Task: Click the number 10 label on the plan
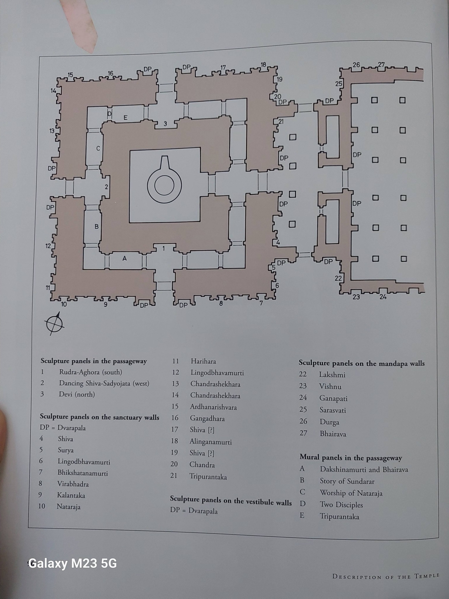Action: [x=64, y=304]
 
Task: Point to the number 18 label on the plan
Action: [x=263, y=65]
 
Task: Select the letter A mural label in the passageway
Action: [x=125, y=259]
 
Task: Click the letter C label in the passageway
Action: [x=98, y=149]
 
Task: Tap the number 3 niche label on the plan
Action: [x=165, y=124]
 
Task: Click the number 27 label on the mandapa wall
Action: [x=381, y=65]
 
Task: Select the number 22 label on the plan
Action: [x=338, y=278]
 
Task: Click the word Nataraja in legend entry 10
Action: [x=68, y=507]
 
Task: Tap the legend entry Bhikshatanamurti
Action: [x=82, y=473]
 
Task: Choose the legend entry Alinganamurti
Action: [x=210, y=442]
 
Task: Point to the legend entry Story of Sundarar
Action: [x=347, y=481]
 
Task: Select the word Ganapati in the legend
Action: [x=333, y=398]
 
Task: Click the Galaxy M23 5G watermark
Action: [x=72, y=563]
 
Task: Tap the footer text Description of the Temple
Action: [x=386, y=576]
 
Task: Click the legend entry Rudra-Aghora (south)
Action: [x=91, y=372]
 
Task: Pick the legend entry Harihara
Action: [x=203, y=361]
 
